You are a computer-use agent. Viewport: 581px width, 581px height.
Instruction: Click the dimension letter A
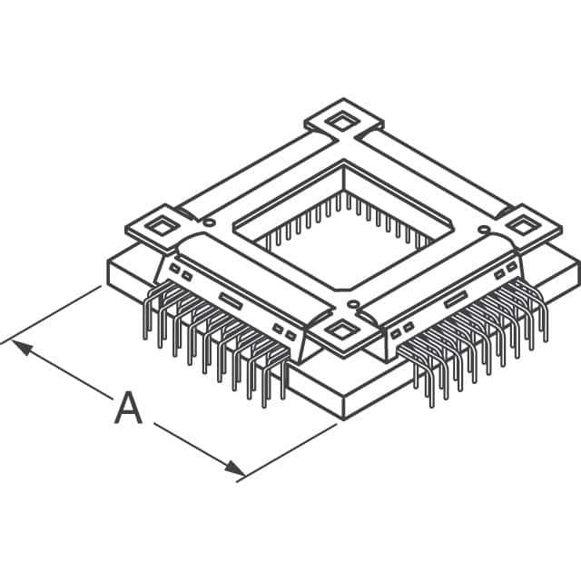point(128,409)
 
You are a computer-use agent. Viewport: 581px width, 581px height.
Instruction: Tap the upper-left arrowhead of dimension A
point(20,347)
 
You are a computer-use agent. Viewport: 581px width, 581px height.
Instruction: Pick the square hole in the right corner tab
point(526,224)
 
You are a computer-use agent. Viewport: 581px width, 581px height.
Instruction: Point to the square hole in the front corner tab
point(341,330)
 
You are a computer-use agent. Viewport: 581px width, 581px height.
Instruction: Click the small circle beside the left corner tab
point(210,222)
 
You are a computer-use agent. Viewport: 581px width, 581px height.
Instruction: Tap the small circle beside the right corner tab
point(484,230)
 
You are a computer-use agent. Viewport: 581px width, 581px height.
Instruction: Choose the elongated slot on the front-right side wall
point(455,299)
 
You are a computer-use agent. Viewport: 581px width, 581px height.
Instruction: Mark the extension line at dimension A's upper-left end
point(54,313)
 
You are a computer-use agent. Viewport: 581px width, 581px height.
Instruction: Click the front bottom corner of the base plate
point(343,417)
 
